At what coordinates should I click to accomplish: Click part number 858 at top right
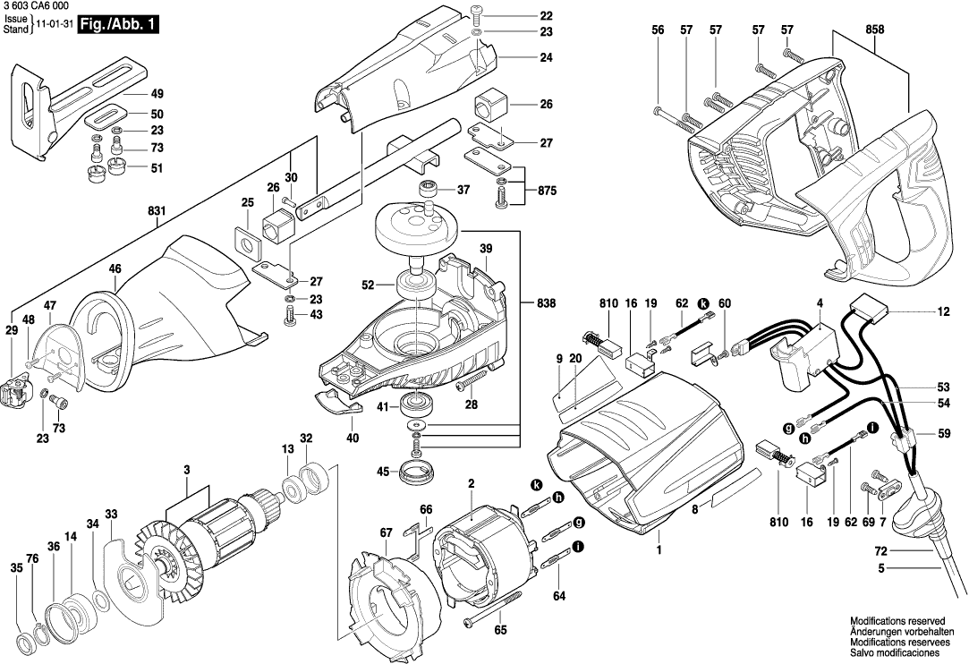pyautogui.click(x=874, y=30)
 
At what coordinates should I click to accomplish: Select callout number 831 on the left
pyautogui.click(x=157, y=210)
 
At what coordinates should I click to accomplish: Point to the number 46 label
pyautogui.click(x=115, y=268)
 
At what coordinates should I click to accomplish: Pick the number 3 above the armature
pyautogui.click(x=186, y=470)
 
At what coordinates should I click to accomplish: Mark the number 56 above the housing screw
pyautogui.click(x=658, y=30)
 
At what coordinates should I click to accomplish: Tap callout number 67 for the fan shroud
pyautogui.click(x=386, y=533)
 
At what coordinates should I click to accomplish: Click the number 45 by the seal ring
pyautogui.click(x=382, y=472)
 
